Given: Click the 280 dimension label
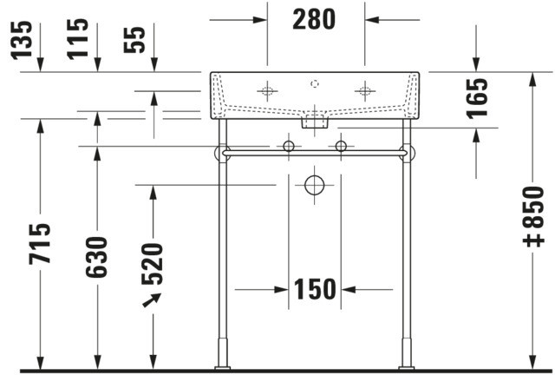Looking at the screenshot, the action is (x=314, y=20).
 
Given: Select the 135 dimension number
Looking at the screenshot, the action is (x=22, y=40).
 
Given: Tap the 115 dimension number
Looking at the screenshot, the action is (x=78, y=39).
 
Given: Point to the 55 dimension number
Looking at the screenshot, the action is (x=134, y=40).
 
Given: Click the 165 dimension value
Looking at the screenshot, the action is (x=477, y=98).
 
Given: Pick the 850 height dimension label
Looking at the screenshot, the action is (x=533, y=216).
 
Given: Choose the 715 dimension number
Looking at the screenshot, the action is (x=40, y=244).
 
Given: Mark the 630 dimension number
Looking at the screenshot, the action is (x=96, y=257).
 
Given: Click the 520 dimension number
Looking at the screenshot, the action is (x=153, y=264).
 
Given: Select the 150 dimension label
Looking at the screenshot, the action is (x=315, y=289).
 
